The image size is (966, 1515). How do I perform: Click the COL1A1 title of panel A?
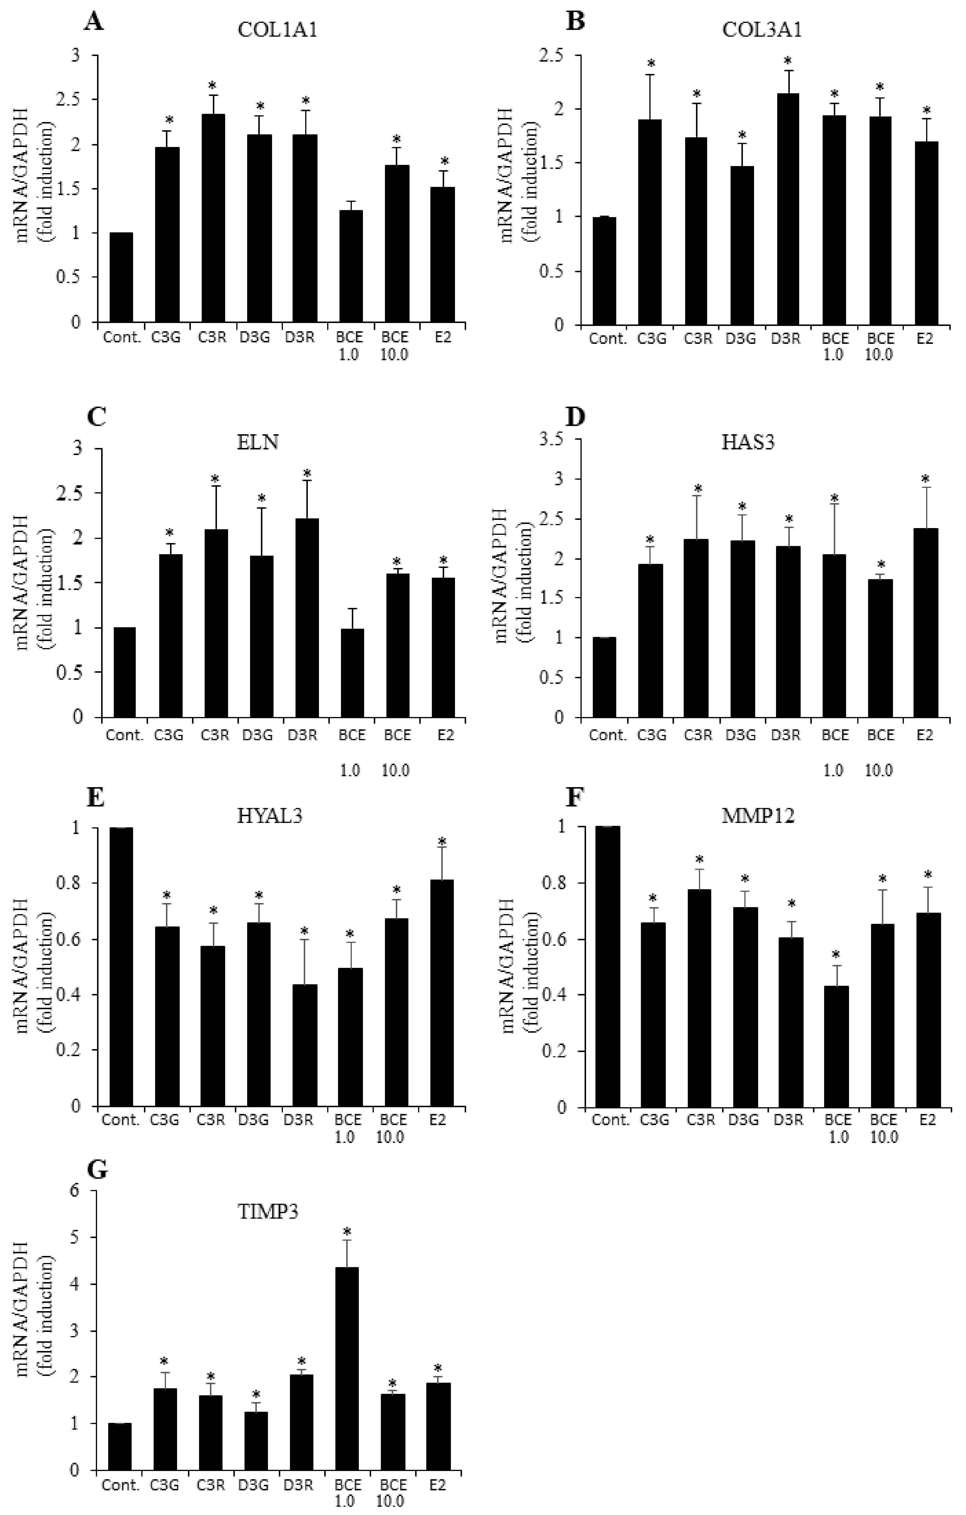pyautogui.click(x=277, y=30)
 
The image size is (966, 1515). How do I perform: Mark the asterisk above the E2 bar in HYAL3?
pyautogui.click(x=442, y=841)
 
